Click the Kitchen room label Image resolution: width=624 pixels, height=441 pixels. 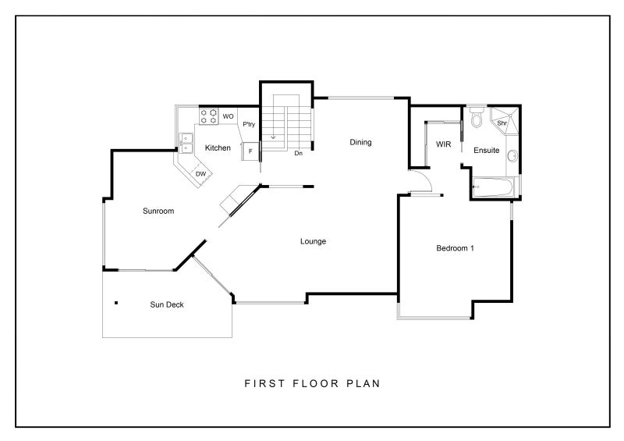218,148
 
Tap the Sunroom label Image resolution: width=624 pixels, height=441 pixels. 158,211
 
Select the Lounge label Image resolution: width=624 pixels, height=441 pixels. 314,241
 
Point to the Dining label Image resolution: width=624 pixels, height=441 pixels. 360,142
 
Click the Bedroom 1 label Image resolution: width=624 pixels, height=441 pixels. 455,248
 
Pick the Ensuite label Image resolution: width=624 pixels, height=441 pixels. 486,150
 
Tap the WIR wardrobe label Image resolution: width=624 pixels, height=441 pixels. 443,144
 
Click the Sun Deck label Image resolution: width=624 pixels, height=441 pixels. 167,304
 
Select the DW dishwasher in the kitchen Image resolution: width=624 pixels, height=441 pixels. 200,174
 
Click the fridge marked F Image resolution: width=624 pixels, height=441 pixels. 250,151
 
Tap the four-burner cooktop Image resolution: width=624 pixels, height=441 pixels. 209,116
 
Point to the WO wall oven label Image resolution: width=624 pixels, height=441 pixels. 228,116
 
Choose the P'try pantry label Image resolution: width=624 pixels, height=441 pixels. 249,124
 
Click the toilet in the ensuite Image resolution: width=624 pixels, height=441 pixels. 476,117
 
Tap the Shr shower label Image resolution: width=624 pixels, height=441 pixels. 502,123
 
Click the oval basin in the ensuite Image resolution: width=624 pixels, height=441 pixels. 512,156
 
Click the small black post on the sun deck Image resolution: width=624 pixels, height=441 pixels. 116,303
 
